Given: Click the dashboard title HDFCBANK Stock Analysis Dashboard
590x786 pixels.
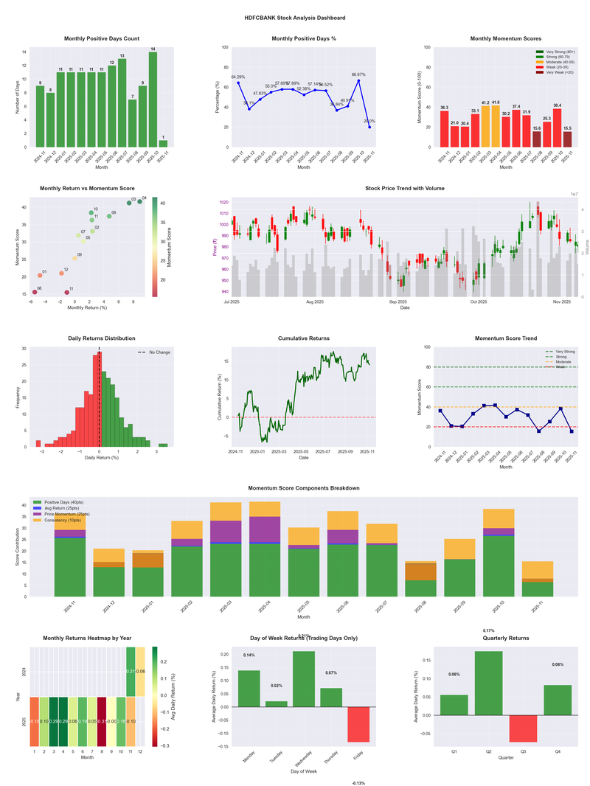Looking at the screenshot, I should click(x=295, y=17).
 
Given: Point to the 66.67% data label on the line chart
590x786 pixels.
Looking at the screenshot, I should click(x=358, y=74).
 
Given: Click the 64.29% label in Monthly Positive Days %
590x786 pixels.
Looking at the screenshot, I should click(x=238, y=77).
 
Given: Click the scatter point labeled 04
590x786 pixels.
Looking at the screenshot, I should click(x=139, y=201).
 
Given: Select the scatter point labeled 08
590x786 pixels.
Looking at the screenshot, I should click(x=35, y=292).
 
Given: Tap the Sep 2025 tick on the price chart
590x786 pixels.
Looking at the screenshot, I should click(x=398, y=302).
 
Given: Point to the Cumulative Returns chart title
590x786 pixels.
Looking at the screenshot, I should click(x=304, y=338).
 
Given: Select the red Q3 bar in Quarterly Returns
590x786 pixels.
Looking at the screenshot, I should click(x=523, y=728).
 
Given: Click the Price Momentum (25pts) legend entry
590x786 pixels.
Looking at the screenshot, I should click(x=66, y=514).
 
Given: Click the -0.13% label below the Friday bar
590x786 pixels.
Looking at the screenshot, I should click(x=358, y=782).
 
